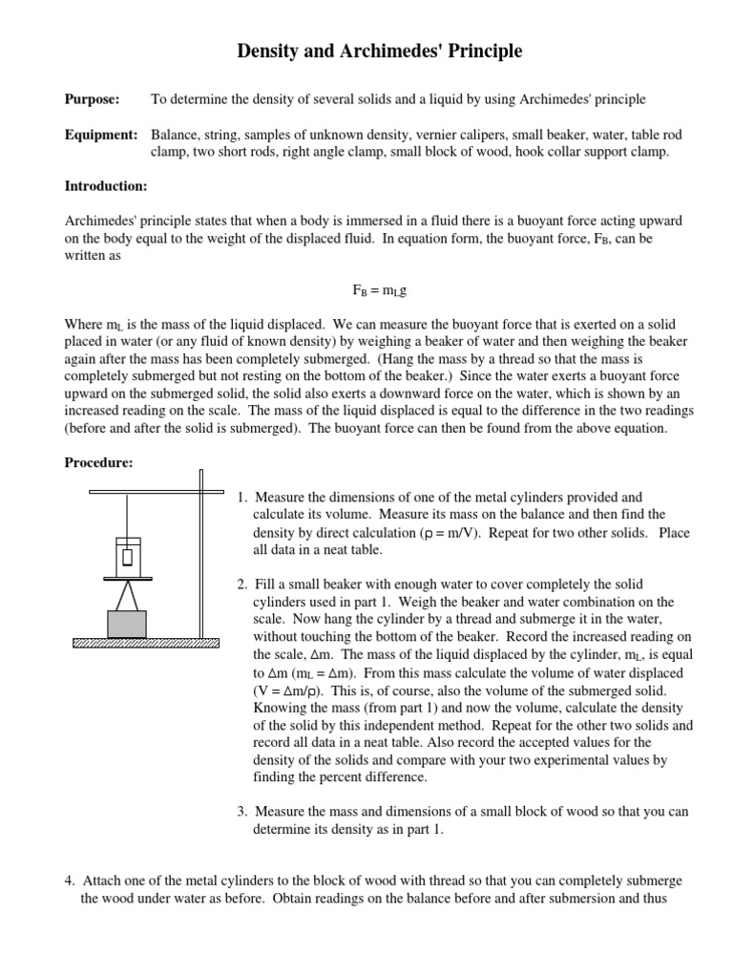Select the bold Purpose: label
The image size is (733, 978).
(92, 99)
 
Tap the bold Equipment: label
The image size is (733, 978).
(101, 135)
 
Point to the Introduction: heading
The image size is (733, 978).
(105, 186)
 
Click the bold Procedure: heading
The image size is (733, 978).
(98, 463)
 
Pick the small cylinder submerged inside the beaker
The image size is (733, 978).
(127, 557)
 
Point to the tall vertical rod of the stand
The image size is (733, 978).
(201, 554)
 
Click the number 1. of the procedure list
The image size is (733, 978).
(243, 498)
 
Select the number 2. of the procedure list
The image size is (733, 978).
(243, 585)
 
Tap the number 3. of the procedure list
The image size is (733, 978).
(243, 812)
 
